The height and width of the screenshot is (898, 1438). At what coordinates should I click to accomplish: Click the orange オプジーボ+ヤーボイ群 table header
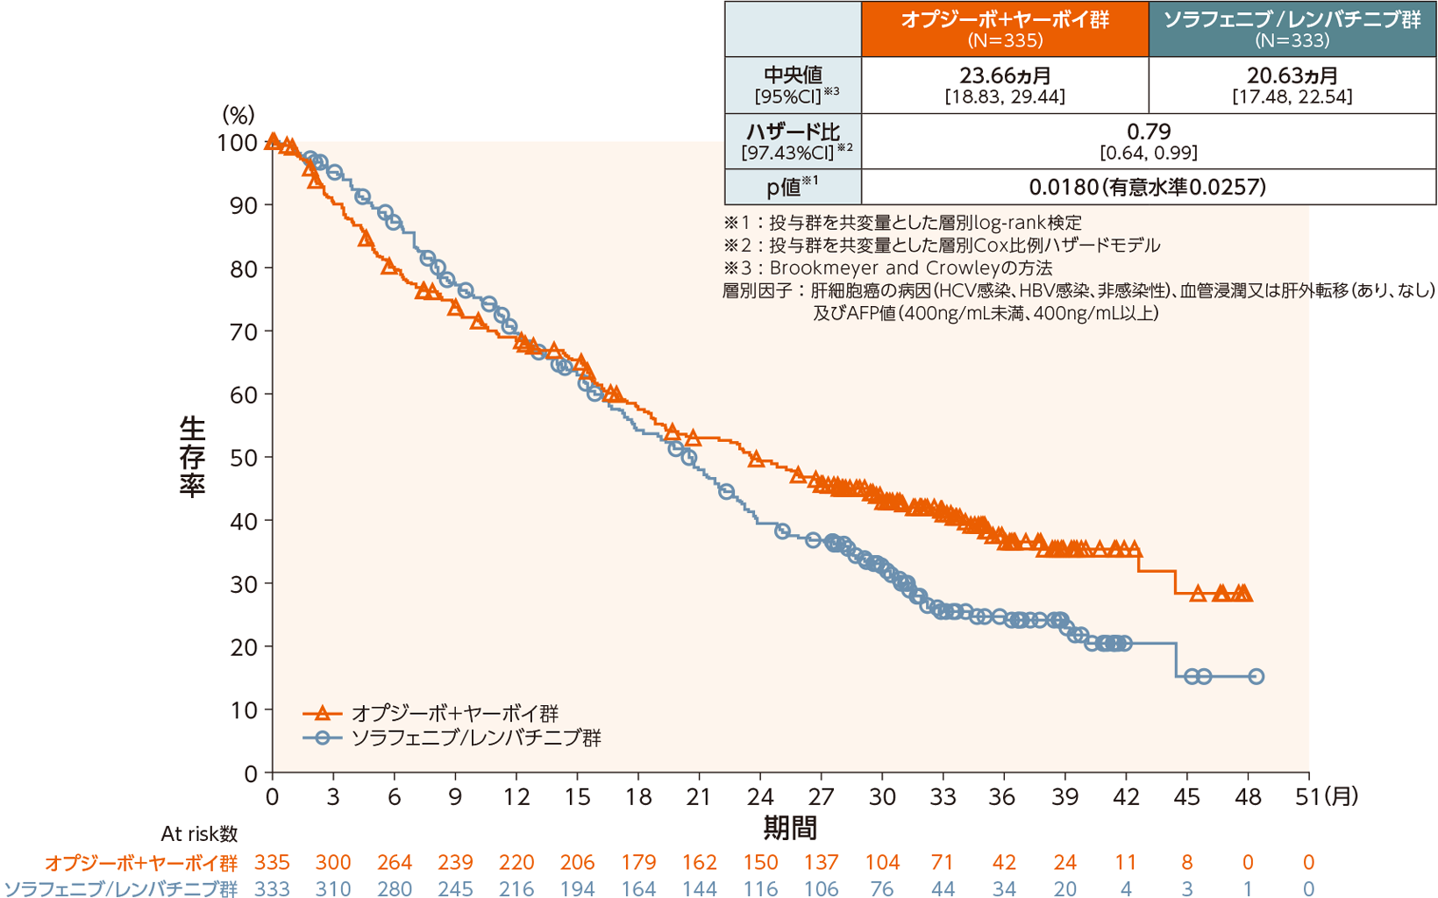click(1005, 29)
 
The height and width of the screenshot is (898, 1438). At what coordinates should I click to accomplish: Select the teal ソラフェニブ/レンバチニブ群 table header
click(1292, 29)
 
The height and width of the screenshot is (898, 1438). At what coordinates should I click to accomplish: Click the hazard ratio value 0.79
click(1149, 132)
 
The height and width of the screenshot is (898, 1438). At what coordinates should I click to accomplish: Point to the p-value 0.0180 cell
click(1148, 187)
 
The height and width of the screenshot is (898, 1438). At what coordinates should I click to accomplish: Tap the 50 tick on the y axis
click(244, 458)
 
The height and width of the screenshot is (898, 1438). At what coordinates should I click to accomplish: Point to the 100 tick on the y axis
click(238, 142)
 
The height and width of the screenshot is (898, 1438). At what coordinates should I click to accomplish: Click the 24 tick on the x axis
click(760, 796)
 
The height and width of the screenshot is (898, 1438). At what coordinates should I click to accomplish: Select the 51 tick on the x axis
click(1308, 796)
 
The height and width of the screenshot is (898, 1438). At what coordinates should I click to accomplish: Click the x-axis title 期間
click(790, 827)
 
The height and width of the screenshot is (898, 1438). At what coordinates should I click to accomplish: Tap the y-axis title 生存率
click(192, 457)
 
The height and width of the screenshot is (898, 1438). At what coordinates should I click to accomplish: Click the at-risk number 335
click(273, 863)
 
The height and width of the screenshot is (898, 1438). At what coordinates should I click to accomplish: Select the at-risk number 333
click(273, 888)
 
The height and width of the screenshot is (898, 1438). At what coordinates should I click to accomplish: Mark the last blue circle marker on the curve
click(1256, 676)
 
